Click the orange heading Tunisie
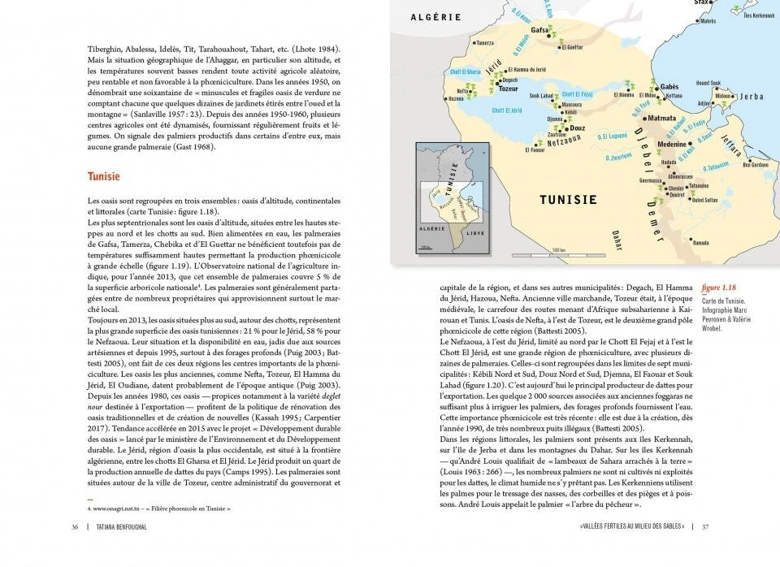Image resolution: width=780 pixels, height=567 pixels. [x=103, y=176]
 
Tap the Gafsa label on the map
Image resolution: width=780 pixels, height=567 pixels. [x=539, y=31]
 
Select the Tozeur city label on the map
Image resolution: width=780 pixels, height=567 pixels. [x=509, y=88]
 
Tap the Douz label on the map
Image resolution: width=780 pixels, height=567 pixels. [x=578, y=128]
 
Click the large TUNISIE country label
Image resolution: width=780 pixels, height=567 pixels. [x=569, y=199]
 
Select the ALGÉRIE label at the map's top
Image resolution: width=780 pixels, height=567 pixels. [x=435, y=17]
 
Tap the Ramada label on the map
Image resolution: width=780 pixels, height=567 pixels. [x=700, y=242]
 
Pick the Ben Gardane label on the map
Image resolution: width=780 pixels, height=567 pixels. [x=756, y=165]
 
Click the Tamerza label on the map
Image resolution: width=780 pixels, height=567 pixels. [x=484, y=43]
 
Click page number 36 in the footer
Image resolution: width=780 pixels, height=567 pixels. [x=75, y=526]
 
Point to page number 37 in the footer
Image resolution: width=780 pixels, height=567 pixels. [x=705, y=526]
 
